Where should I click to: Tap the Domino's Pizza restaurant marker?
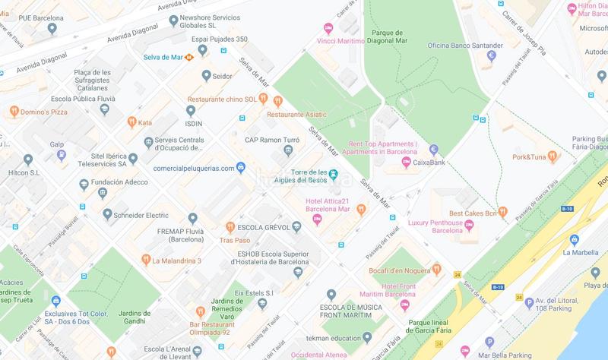click(x=14, y=112)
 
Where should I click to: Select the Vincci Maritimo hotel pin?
click(x=328, y=29)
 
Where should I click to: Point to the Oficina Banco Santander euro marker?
click(x=492, y=55)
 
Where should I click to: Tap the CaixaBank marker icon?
click(x=434, y=149)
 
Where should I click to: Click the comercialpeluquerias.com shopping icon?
click(x=240, y=167)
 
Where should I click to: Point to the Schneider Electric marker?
click(x=108, y=214)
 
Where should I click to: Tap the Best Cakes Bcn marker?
click(x=502, y=213)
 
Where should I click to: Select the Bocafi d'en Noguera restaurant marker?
click(x=437, y=270)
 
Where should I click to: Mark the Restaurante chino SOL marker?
click(x=278, y=100)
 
